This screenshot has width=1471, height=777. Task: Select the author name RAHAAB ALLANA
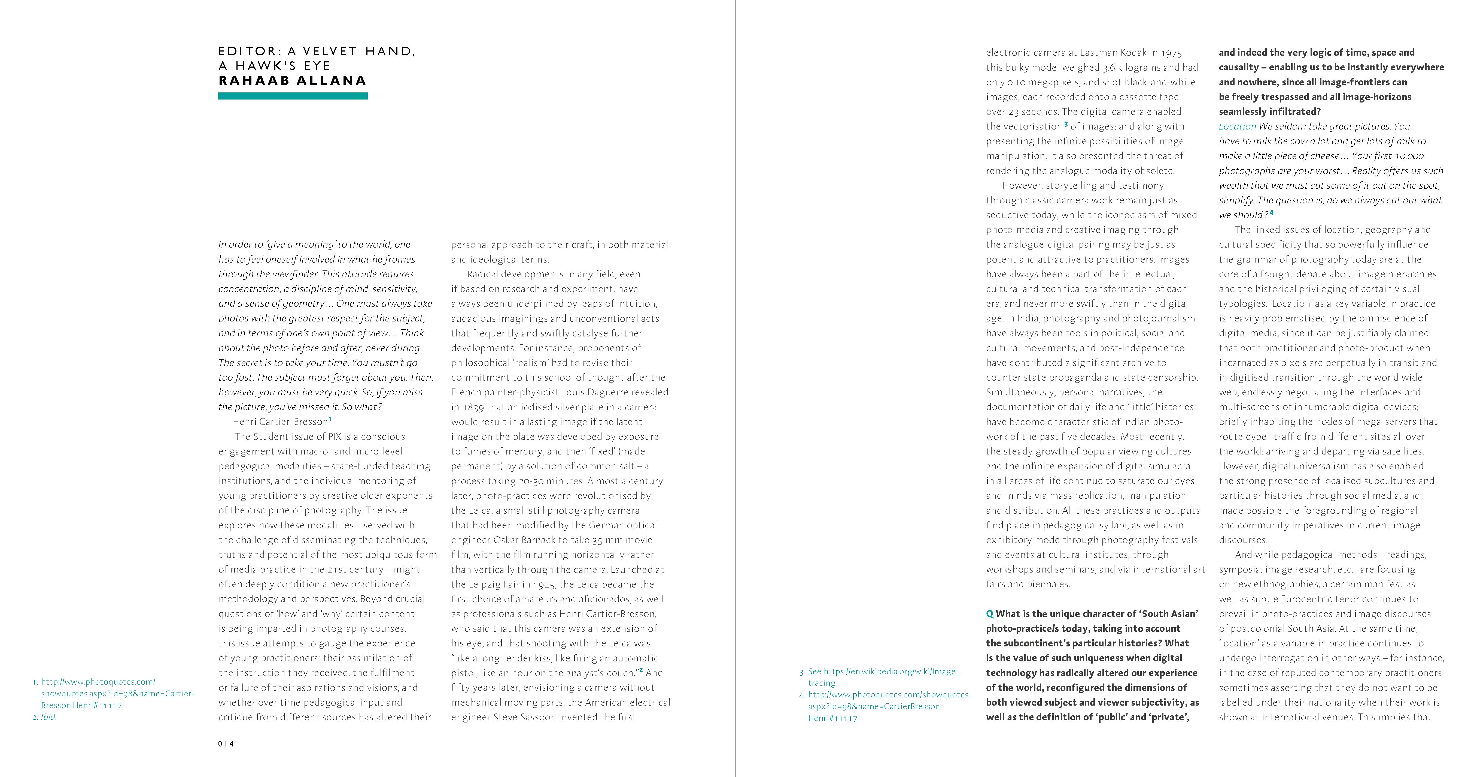[x=292, y=80]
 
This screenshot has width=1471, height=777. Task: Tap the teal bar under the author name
[x=292, y=96]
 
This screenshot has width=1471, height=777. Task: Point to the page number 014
[x=226, y=744]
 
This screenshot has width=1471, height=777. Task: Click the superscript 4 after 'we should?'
[x=1271, y=213]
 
